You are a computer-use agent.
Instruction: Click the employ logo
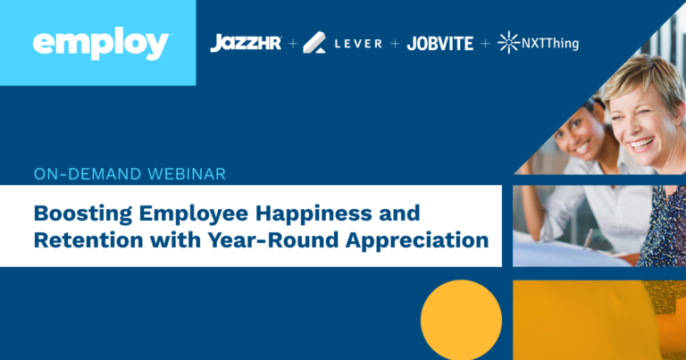100,44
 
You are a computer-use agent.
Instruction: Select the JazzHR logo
246,43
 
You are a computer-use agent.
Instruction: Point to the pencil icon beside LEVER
314,42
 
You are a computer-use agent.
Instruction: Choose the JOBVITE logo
440,43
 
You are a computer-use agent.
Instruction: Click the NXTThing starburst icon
508,42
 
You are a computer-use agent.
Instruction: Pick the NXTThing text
550,43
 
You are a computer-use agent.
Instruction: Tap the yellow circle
461,321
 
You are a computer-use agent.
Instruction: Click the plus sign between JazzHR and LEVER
293,43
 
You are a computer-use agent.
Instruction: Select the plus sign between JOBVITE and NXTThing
485,43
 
